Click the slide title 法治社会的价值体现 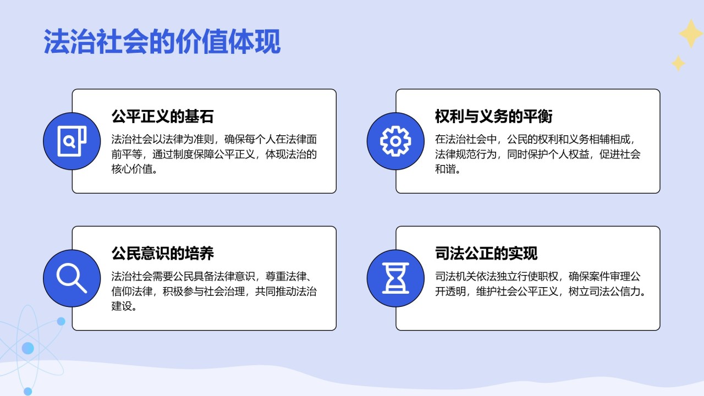(162, 42)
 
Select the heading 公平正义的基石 (162, 117)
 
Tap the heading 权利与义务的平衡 (493, 117)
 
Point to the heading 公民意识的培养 (162, 254)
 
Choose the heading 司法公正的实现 (486, 254)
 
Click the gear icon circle (395, 141)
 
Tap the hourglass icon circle (395, 278)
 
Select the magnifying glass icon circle (72, 278)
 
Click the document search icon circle (72, 141)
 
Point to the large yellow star (690, 34)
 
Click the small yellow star (678, 63)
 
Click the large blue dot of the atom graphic (28, 348)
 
